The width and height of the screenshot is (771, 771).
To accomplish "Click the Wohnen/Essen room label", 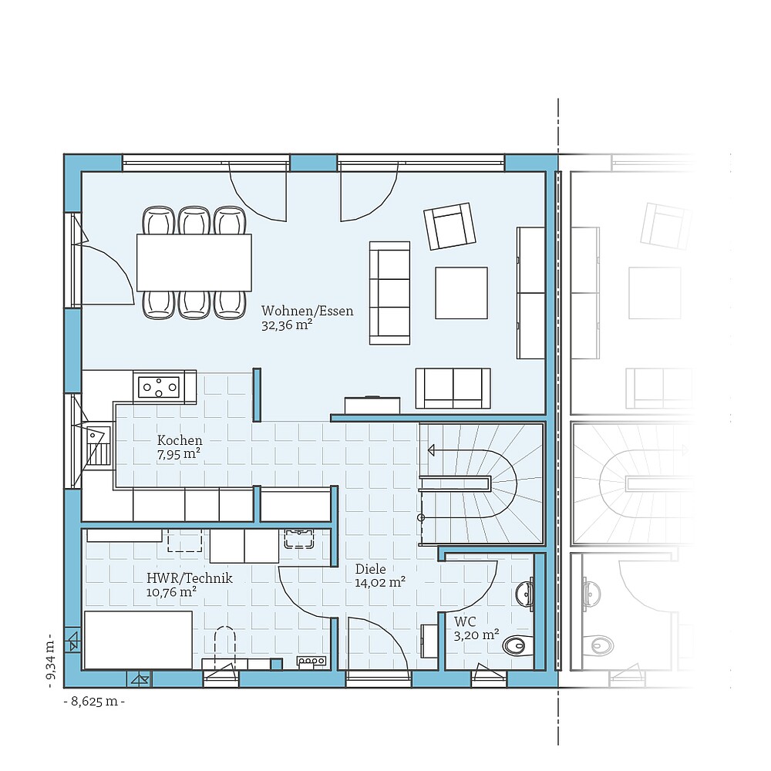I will click(307, 311).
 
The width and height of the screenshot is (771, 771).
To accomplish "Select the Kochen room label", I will click(180, 440).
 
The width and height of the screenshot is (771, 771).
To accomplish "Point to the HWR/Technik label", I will click(189, 577).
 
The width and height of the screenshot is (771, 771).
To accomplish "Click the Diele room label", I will click(370, 569).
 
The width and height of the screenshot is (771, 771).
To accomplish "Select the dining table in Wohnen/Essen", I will click(194, 262).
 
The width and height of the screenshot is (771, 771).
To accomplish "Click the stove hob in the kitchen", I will click(159, 385).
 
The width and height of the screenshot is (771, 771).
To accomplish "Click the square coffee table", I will click(461, 292).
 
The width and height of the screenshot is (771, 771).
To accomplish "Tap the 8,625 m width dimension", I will click(93, 702).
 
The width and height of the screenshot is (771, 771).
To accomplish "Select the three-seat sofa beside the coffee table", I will click(389, 292).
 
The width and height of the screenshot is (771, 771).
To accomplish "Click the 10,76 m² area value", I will click(170, 592).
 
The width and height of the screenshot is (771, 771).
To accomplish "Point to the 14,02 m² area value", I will click(380, 583).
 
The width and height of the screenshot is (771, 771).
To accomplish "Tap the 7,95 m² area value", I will click(179, 454).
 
